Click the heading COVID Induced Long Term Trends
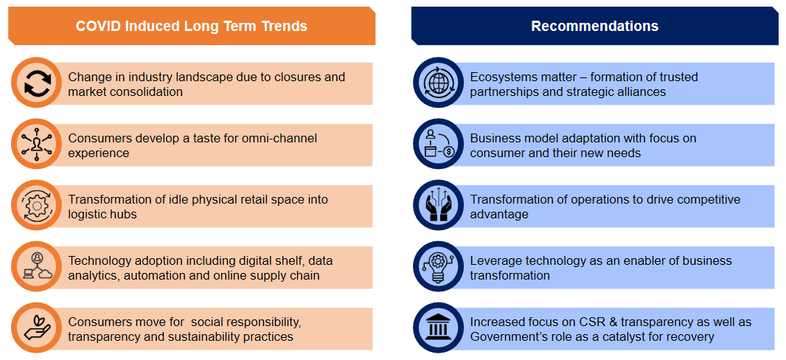point(192,26)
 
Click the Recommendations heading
point(594,26)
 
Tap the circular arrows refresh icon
point(36,83)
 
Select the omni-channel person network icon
point(36,145)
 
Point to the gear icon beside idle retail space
point(36,206)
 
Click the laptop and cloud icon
point(36,267)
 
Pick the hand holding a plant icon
point(36,328)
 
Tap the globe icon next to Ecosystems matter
point(438,83)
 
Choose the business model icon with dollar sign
point(438,145)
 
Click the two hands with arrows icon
point(438,206)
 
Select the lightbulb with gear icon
point(438,267)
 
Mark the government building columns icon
point(438,328)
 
